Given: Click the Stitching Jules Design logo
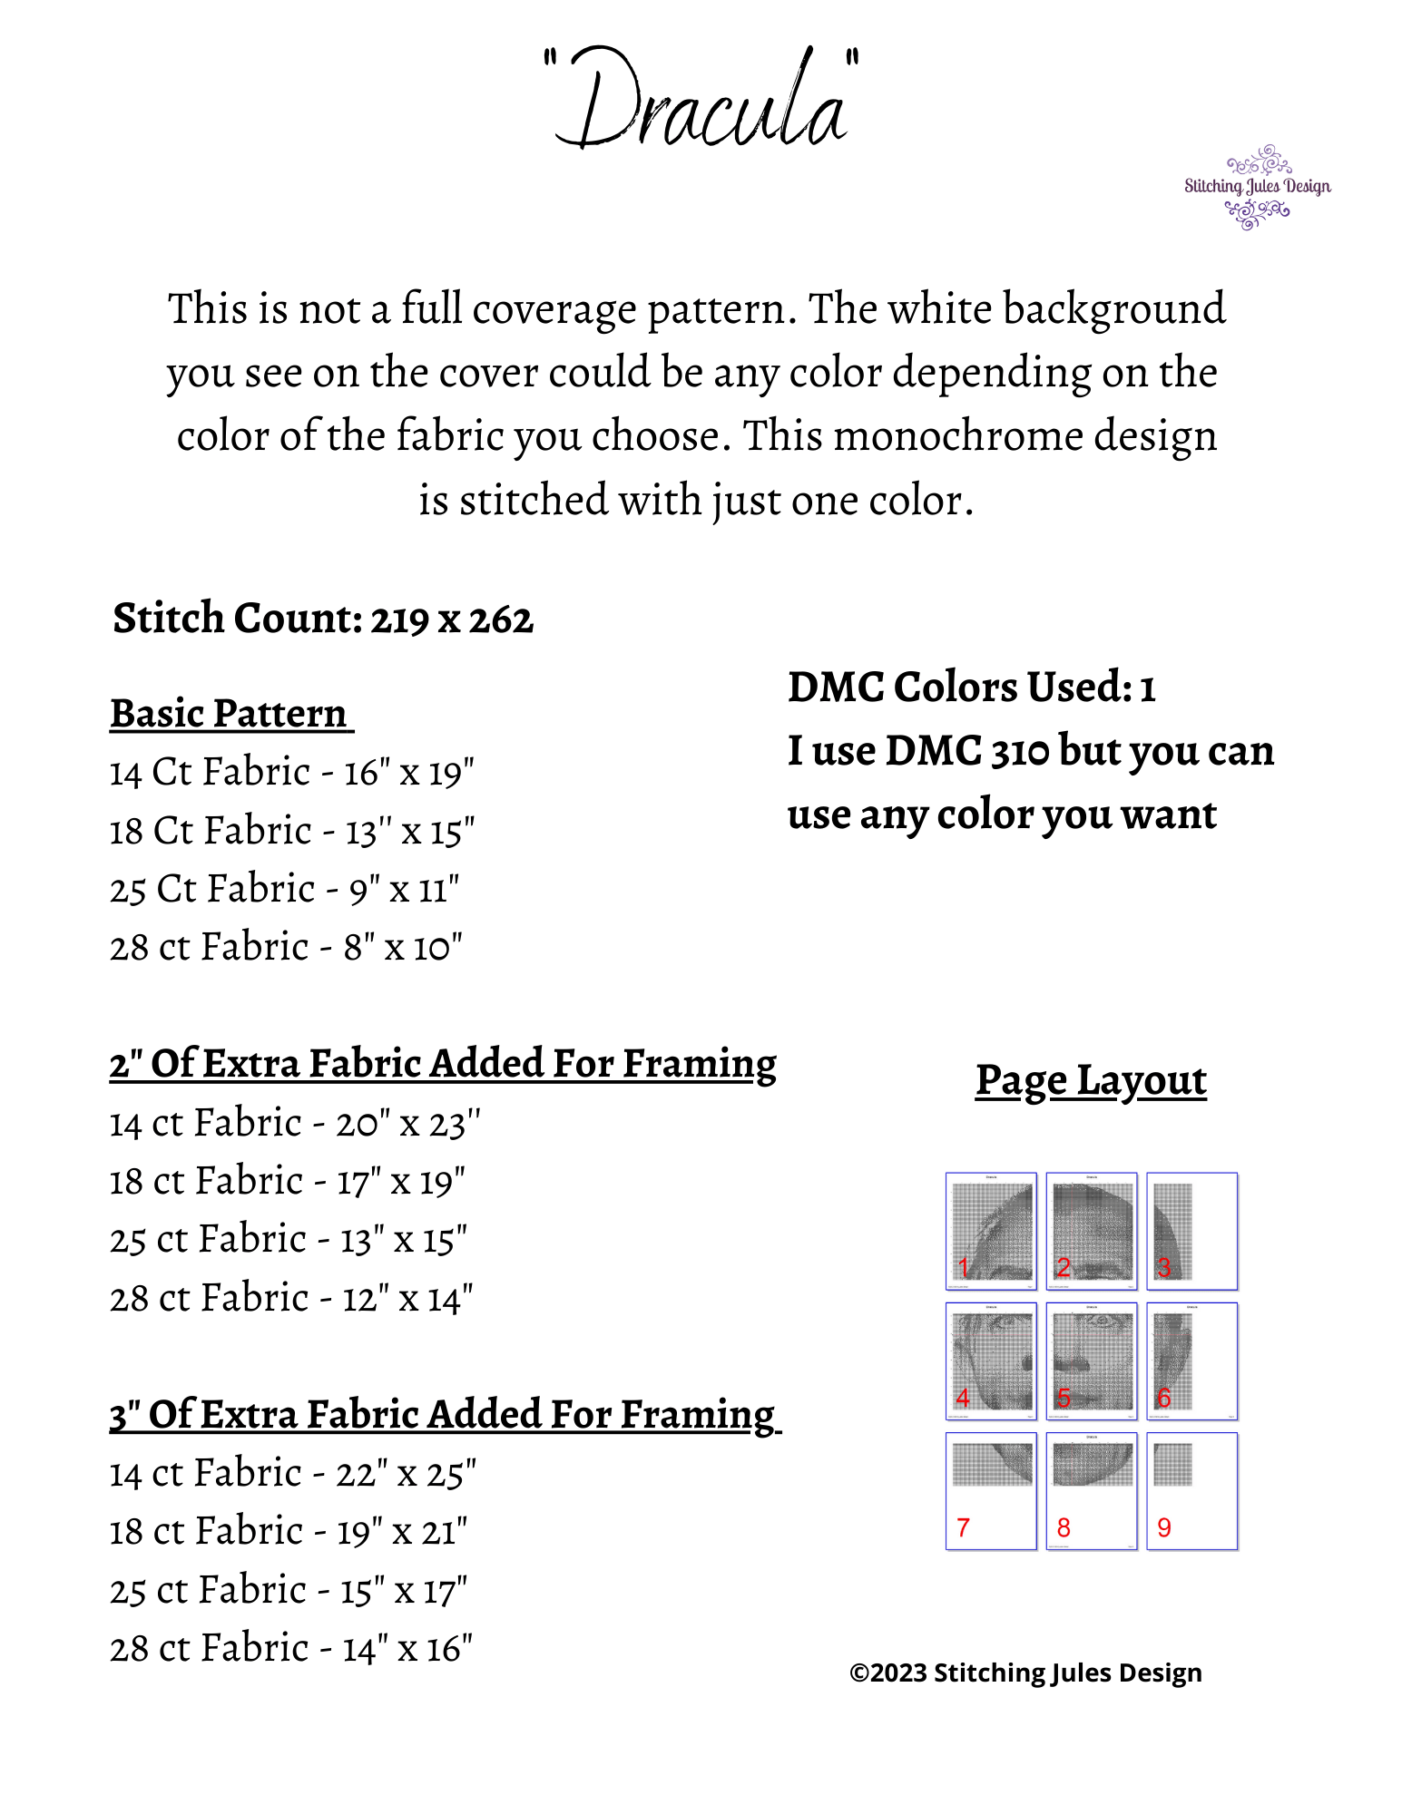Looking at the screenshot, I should tap(1257, 187).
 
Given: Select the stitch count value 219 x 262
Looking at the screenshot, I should tap(451, 619).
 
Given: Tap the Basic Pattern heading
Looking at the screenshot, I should tap(230, 714).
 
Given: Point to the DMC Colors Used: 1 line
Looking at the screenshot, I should tap(971, 688).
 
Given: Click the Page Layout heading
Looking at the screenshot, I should tap(1091, 1080).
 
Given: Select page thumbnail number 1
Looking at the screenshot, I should tap(991, 1231).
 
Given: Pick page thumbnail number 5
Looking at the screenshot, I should tap(1092, 1360).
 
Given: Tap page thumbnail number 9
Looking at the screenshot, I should tap(1191, 1491).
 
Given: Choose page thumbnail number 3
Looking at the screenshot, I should tap(1191, 1231).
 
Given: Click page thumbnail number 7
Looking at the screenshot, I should tap(991, 1491).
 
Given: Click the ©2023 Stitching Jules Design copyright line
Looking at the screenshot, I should tap(1025, 1673).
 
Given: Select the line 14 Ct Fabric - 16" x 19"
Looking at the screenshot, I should tap(291, 773).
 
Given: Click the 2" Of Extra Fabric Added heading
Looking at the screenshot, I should tap(443, 1064).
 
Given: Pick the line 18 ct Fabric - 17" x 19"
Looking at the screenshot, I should tap(287, 1182).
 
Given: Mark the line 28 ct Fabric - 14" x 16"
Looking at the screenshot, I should tap(290, 1649).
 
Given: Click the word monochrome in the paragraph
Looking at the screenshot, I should tap(956, 436).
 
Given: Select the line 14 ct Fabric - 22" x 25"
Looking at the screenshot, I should tap(292, 1474).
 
